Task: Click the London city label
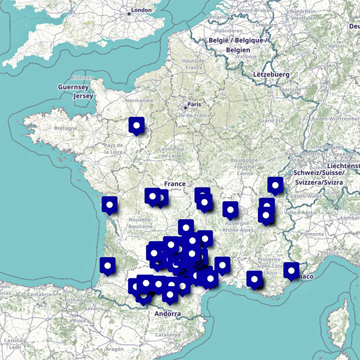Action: (142, 10)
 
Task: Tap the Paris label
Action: (194, 105)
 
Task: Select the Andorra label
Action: (167, 314)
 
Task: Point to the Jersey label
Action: (83, 96)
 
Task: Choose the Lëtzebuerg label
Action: (271, 74)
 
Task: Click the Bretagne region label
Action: (65, 128)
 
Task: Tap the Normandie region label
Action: (139, 100)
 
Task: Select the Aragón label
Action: (114, 349)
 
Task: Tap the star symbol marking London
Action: (129, 14)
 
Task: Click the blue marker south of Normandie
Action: (137, 125)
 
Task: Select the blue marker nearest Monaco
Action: (291, 270)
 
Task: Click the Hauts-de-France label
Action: (194, 65)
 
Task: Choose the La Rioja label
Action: (75, 321)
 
